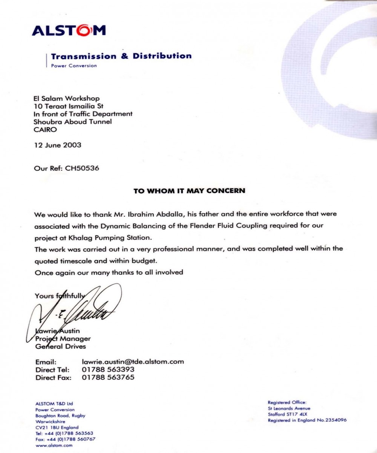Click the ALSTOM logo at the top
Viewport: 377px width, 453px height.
[x=69, y=30]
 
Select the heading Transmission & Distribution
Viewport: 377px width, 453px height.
[x=121, y=56]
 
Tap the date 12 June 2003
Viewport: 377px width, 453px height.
[x=57, y=145]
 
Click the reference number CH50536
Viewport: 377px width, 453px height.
[x=82, y=168]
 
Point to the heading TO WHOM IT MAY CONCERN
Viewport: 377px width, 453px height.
[x=189, y=191]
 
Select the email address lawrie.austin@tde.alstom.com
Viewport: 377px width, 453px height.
[x=133, y=362]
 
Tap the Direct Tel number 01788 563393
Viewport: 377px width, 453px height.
[x=108, y=369]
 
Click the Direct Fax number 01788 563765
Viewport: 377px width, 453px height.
[x=108, y=377]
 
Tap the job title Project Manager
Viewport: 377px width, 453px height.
[x=63, y=339]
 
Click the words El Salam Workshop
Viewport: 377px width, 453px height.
[x=67, y=99]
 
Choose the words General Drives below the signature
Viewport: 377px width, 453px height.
[x=60, y=346]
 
